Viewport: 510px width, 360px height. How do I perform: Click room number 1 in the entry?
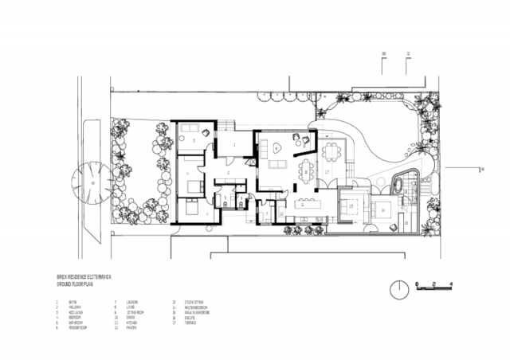pyautogui.click(x=233, y=143)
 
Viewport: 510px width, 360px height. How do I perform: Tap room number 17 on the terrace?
pyautogui.click(x=327, y=171)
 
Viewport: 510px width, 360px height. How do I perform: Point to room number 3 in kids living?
pyautogui.click(x=194, y=140)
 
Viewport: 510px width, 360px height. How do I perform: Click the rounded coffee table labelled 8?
pyautogui.click(x=277, y=146)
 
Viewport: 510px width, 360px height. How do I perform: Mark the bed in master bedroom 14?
pyautogui.click(x=386, y=209)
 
